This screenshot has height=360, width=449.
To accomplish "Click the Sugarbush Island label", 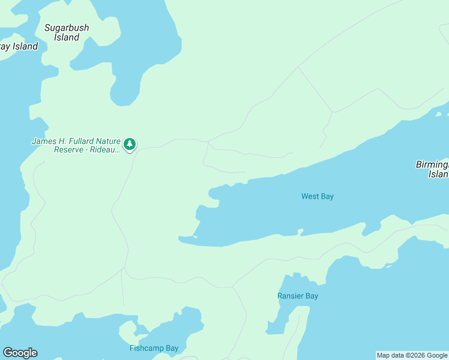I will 66,32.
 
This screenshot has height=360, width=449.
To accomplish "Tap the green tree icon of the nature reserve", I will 130,144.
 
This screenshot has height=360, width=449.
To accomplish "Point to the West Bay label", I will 317,196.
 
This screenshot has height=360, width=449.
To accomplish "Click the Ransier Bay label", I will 298,296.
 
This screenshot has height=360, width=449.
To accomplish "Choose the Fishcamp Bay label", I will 154,348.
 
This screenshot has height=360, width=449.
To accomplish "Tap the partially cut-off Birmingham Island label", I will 432,169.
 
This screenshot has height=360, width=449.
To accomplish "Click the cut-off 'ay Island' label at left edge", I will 19,46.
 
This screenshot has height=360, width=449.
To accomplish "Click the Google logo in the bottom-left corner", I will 20,353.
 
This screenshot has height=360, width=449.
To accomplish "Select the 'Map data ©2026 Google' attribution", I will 412,355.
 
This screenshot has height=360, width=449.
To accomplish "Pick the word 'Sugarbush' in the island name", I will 67,28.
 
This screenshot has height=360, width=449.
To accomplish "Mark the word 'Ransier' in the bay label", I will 291,296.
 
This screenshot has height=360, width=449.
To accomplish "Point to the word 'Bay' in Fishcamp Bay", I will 172,348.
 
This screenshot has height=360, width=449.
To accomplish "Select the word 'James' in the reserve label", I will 43,142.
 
